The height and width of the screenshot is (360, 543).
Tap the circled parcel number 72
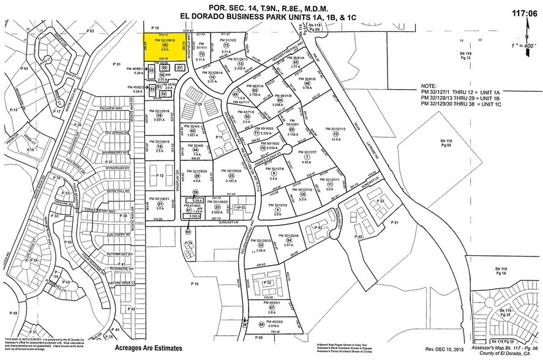201,54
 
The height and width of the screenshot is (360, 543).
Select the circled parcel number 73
225,45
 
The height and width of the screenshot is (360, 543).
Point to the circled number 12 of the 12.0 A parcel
334,134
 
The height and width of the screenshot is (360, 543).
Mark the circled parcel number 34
288,241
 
